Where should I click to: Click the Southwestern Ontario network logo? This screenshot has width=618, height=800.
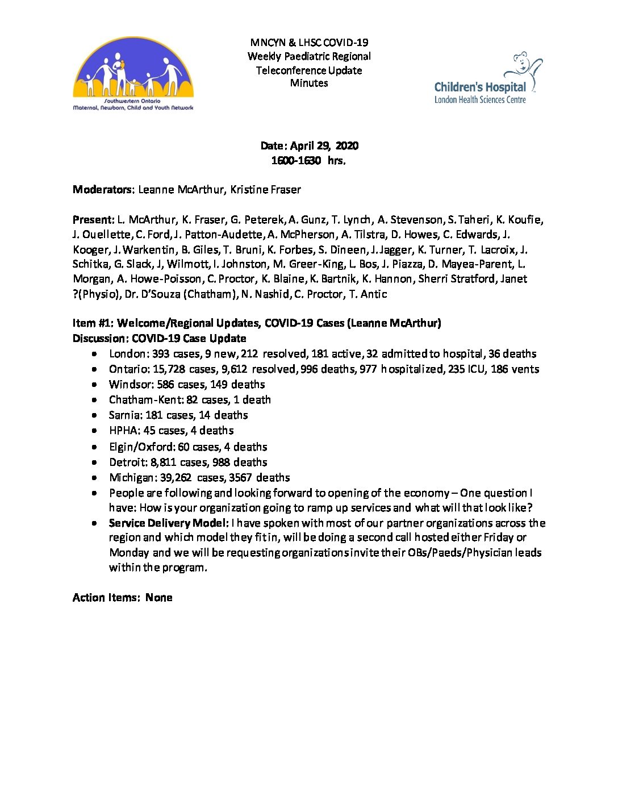click(x=133, y=74)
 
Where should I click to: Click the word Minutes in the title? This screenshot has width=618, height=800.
click(x=309, y=83)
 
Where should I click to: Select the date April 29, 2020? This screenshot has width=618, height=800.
click(x=324, y=145)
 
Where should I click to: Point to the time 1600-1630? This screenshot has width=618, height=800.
click(x=296, y=160)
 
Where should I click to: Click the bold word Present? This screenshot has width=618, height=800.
click(x=93, y=220)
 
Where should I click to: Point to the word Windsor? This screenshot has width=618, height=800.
click(x=130, y=385)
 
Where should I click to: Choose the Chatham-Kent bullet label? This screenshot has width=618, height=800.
click(x=146, y=400)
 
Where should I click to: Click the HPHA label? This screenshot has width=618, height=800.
click(x=123, y=431)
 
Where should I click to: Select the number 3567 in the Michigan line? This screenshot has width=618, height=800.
click(x=241, y=478)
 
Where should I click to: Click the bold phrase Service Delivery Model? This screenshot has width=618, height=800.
click(x=168, y=523)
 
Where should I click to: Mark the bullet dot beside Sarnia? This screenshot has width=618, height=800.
click(x=94, y=415)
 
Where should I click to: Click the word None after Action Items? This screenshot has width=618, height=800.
click(x=158, y=598)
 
